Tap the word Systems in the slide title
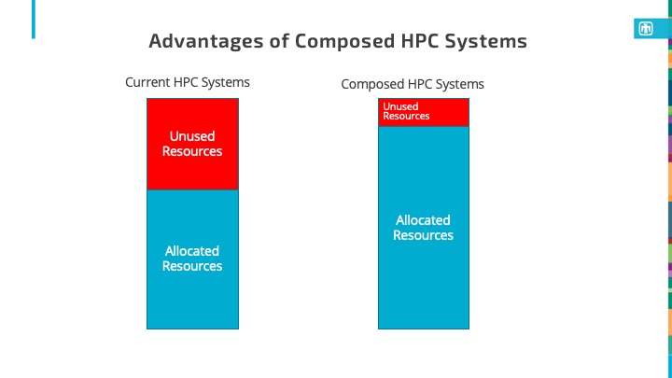pos(486,42)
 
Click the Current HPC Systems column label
pos(188,82)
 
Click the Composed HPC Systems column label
pos(413,84)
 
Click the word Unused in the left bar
pos(192,136)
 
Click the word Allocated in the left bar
pos(192,250)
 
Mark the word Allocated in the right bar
pos(423,220)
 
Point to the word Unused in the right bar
pos(400,106)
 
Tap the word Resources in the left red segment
pos(192,151)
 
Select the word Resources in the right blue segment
pos(423,235)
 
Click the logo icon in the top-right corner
pos(643,29)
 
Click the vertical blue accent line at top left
pos(34,20)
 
